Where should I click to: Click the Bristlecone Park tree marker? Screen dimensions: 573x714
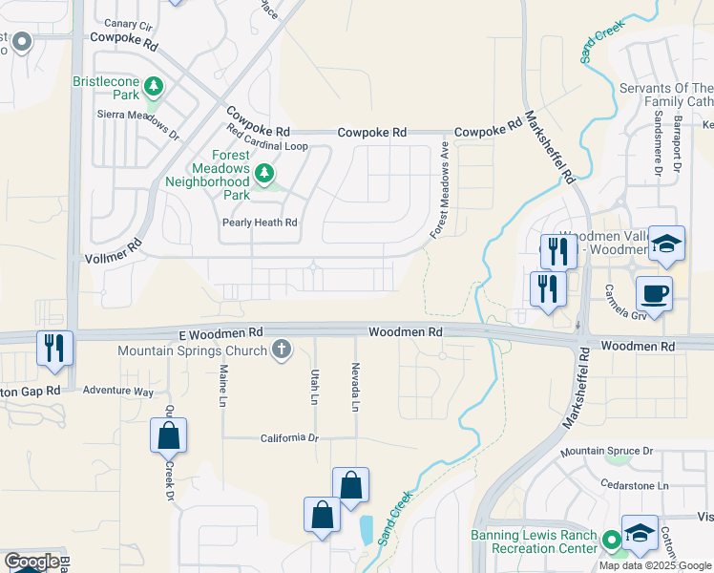pos(154,88)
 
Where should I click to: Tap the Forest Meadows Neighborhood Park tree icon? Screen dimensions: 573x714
pos(264,174)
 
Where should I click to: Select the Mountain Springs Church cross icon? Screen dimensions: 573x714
pos(281,350)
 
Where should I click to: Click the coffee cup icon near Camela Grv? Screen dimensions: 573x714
pos(654,292)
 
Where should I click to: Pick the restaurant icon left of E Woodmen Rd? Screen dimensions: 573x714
pos(53,347)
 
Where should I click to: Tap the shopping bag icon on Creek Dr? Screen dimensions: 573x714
pos(168,435)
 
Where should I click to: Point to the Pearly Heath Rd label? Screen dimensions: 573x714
pos(260,223)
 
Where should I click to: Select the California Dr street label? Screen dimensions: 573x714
pos(289,437)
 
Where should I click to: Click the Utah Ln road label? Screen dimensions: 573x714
pos(314,387)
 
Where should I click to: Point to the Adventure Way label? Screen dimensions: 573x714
pos(117,392)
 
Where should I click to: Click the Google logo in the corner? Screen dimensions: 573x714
pos(31,562)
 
